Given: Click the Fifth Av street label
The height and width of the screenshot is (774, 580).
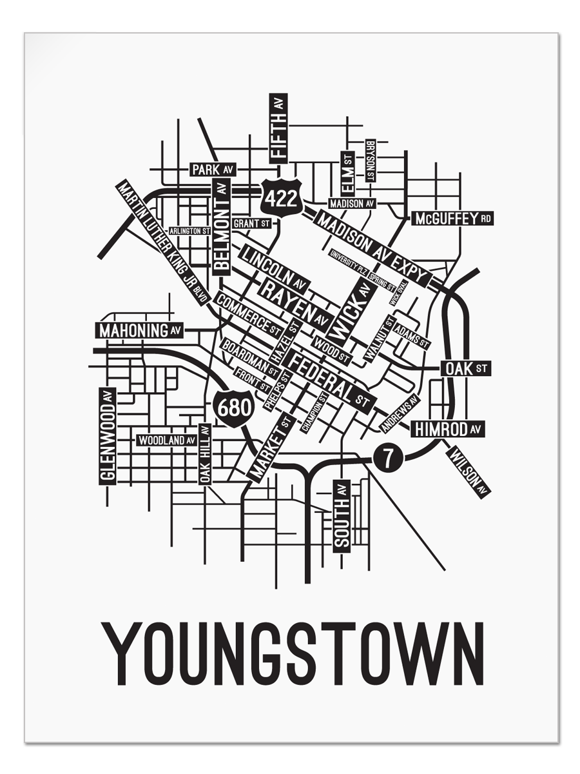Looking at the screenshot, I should pyautogui.click(x=278, y=128).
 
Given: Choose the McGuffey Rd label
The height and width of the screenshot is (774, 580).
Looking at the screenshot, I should pyautogui.click(x=453, y=219).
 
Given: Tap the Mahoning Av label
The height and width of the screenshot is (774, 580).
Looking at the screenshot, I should pyautogui.click(x=140, y=330).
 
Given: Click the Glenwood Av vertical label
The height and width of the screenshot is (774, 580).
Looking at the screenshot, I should pyautogui.click(x=108, y=435).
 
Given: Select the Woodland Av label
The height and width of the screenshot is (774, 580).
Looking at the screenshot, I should pyautogui.click(x=166, y=440).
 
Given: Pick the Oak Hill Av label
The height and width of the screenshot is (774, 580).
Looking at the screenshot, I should pyautogui.click(x=205, y=453).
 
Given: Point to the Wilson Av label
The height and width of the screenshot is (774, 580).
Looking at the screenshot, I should pyautogui.click(x=469, y=471).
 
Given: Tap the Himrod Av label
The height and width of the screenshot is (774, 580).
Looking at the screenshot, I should pyautogui.click(x=448, y=429).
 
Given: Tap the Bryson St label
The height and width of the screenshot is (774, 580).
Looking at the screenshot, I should pyautogui.click(x=370, y=161).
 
